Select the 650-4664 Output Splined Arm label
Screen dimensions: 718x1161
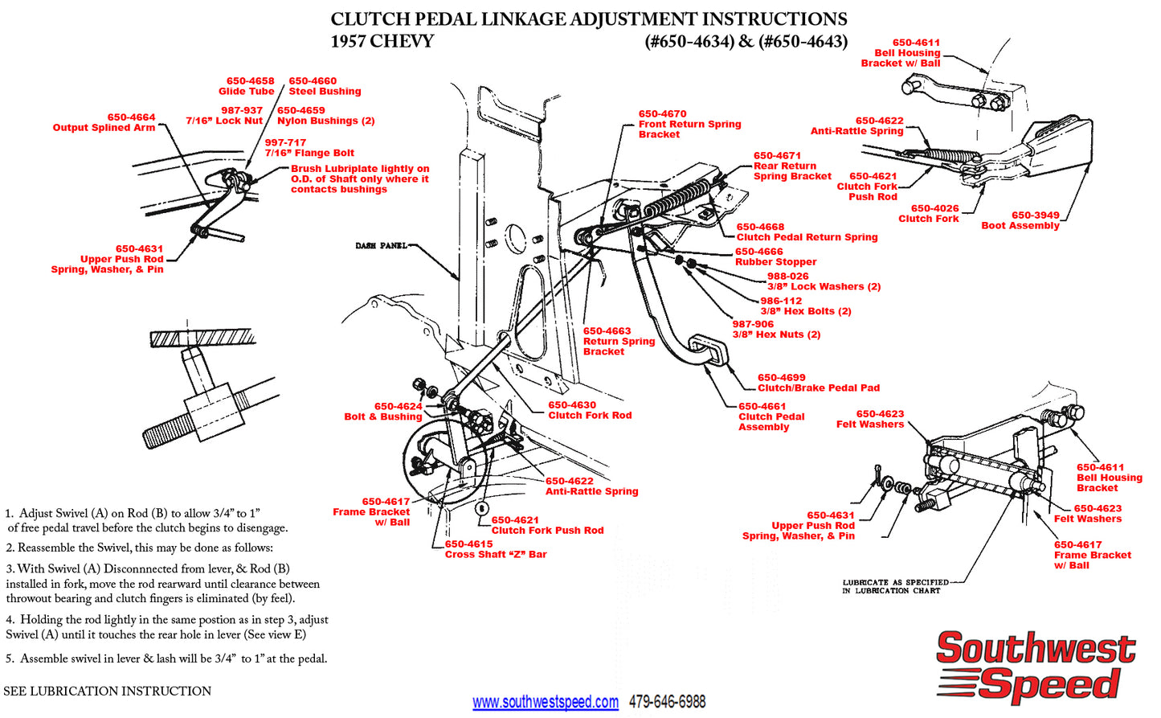click(104, 122)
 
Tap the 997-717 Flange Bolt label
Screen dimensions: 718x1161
click(309, 148)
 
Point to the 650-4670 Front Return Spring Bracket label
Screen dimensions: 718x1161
click(689, 124)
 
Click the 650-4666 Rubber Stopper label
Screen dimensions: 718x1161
click(775, 256)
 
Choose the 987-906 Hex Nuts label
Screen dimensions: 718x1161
click(776, 330)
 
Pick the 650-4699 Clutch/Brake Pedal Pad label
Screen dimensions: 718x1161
click(818, 383)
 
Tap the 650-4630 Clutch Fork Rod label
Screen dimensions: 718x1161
click(590, 410)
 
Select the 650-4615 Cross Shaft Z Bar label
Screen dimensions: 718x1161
click(496, 549)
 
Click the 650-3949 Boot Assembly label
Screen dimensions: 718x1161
click(1020, 220)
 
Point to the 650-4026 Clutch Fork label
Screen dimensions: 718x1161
click(929, 213)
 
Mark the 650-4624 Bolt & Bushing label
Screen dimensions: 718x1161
click(383, 412)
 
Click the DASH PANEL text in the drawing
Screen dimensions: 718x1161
click(381, 245)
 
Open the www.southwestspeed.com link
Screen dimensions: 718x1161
click(546, 702)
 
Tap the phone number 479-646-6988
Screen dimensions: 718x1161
click(667, 702)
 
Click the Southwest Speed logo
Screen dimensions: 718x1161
click(1036, 666)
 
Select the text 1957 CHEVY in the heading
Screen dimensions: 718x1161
click(382, 42)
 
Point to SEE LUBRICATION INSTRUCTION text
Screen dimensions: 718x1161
click(108, 691)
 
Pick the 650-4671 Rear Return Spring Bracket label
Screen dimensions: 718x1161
click(792, 166)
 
